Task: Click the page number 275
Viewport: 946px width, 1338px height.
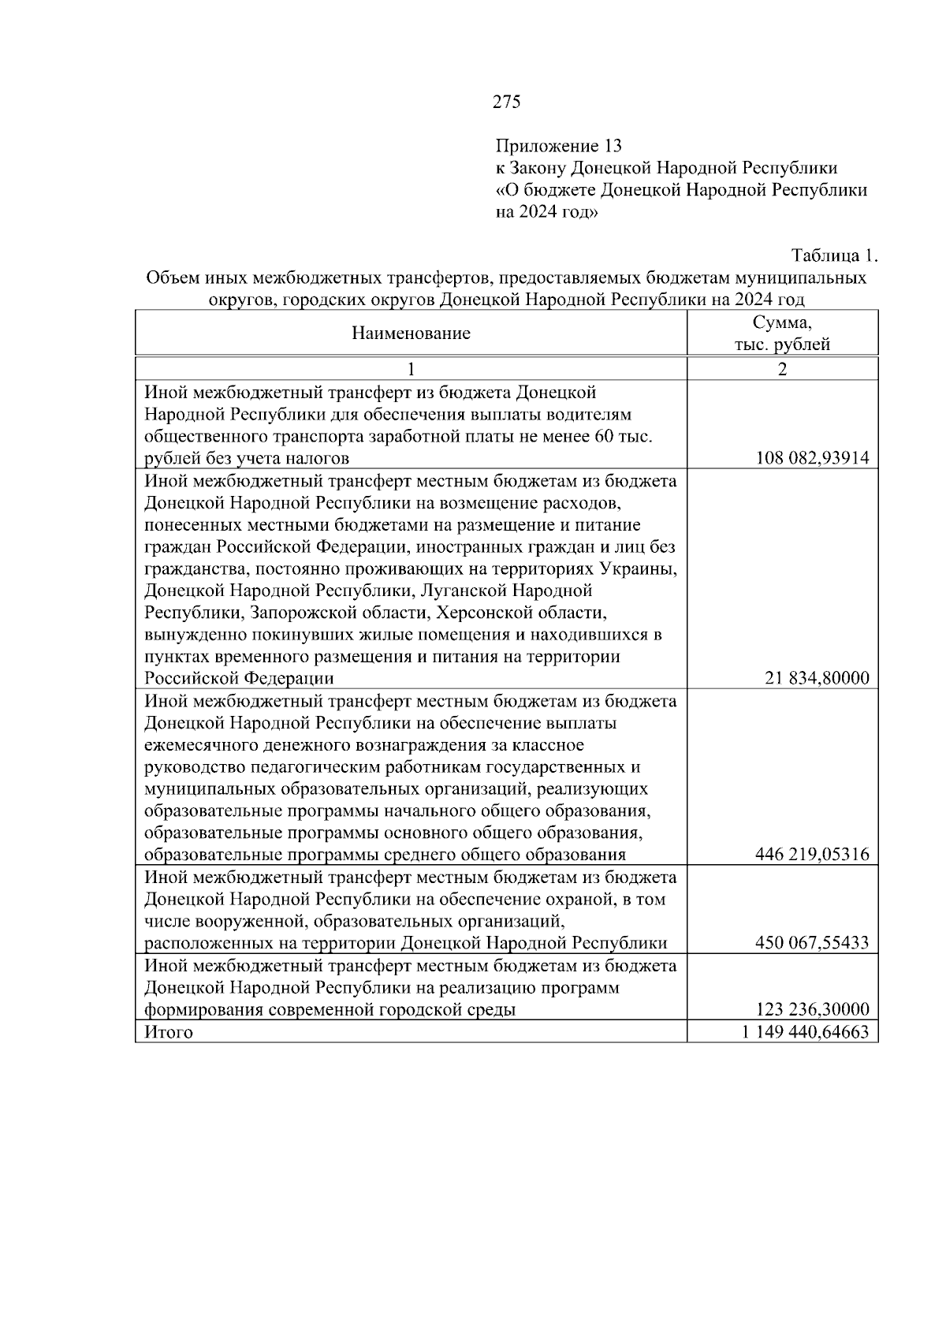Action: coord(506,102)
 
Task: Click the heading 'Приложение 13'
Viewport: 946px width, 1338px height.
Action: coord(558,146)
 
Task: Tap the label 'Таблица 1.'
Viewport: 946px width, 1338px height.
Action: coord(834,256)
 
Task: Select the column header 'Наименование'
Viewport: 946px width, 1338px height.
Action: coord(411,334)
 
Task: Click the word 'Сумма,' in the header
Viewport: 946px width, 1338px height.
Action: coord(782,322)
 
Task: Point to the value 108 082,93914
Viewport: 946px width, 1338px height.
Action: coord(812,458)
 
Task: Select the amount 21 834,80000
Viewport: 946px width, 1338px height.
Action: coord(817,678)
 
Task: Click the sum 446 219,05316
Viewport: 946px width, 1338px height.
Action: coord(812,855)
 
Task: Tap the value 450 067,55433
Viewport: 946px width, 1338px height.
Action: coord(812,943)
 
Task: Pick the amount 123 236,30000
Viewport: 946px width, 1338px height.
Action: coord(812,1009)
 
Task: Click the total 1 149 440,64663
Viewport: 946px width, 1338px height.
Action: coord(805,1032)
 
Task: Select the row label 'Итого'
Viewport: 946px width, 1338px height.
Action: coord(169,1032)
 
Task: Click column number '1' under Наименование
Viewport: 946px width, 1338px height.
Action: coord(410,369)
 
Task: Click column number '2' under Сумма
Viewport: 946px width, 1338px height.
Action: coord(782,369)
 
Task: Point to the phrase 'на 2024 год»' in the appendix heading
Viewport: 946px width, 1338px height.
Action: coord(546,212)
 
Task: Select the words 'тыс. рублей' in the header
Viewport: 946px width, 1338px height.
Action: coord(782,345)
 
